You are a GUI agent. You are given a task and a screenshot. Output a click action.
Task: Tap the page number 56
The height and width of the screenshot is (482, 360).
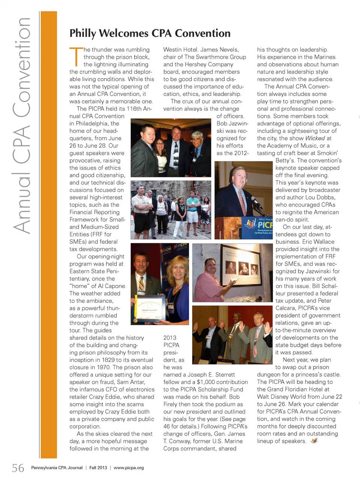(x=18, y=468)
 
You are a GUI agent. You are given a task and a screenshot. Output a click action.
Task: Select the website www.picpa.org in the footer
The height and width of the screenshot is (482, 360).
(x=129, y=468)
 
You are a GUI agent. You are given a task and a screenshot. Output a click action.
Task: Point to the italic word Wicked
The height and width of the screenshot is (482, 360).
(x=315, y=138)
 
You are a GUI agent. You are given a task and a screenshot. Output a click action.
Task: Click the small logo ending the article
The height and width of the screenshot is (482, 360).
(x=314, y=441)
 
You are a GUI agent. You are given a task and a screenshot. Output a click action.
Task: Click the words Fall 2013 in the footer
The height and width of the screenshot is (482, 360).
(x=98, y=468)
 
